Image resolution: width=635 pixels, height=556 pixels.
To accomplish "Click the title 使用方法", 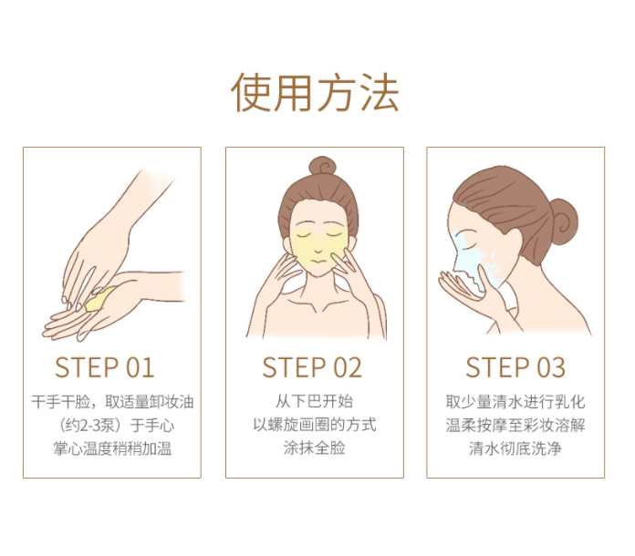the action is click(x=315, y=92).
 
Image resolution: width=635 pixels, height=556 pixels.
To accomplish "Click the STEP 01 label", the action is click(x=105, y=367).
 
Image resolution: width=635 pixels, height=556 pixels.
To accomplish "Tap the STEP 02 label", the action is click(x=312, y=367).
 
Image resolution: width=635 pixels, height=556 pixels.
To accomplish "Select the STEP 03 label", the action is click(x=515, y=367).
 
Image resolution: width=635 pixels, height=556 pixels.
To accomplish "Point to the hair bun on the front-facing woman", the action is click(x=322, y=166).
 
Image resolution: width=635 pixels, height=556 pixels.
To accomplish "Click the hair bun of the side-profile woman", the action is click(x=563, y=221).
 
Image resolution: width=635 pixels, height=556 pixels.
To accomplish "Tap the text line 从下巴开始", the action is click(x=314, y=401).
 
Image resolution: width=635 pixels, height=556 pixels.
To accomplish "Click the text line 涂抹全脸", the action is click(x=314, y=448).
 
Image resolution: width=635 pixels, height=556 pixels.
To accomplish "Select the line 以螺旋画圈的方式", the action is click(x=315, y=425).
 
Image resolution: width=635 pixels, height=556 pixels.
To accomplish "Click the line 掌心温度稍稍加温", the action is click(x=112, y=448).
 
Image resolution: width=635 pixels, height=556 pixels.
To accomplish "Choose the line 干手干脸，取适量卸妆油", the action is click(x=112, y=402).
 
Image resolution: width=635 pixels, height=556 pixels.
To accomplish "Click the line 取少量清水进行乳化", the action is click(x=515, y=402).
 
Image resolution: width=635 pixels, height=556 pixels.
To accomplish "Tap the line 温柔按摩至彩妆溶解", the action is click(x=515, y=425).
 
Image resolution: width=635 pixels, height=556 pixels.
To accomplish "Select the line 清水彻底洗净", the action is click(x=515, y=448).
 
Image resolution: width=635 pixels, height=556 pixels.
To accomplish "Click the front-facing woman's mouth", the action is click(x=318, y=261).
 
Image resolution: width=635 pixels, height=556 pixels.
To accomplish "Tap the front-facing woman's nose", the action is click(x=318, y=248).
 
